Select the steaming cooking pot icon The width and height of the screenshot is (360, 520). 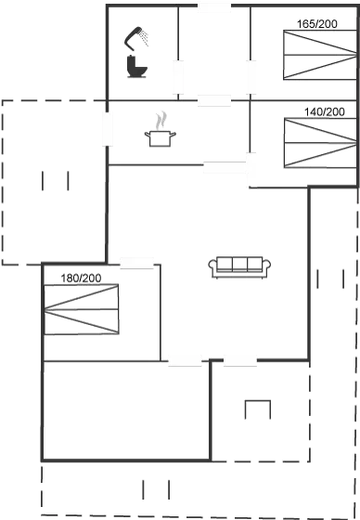click(161, 131)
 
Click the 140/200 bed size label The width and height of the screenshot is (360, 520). click(324, 112)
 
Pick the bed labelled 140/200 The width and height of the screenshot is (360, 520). click(318, 143)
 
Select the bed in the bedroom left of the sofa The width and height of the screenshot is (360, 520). click(83, 310)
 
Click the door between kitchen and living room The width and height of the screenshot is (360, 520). click(222, 168)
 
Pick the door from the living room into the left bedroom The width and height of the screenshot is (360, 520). click(136, 263)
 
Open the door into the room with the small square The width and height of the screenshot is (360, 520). click(240, 360)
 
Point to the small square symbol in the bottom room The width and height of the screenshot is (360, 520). click(257, 410)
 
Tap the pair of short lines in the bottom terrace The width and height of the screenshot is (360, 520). click(156, 489)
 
